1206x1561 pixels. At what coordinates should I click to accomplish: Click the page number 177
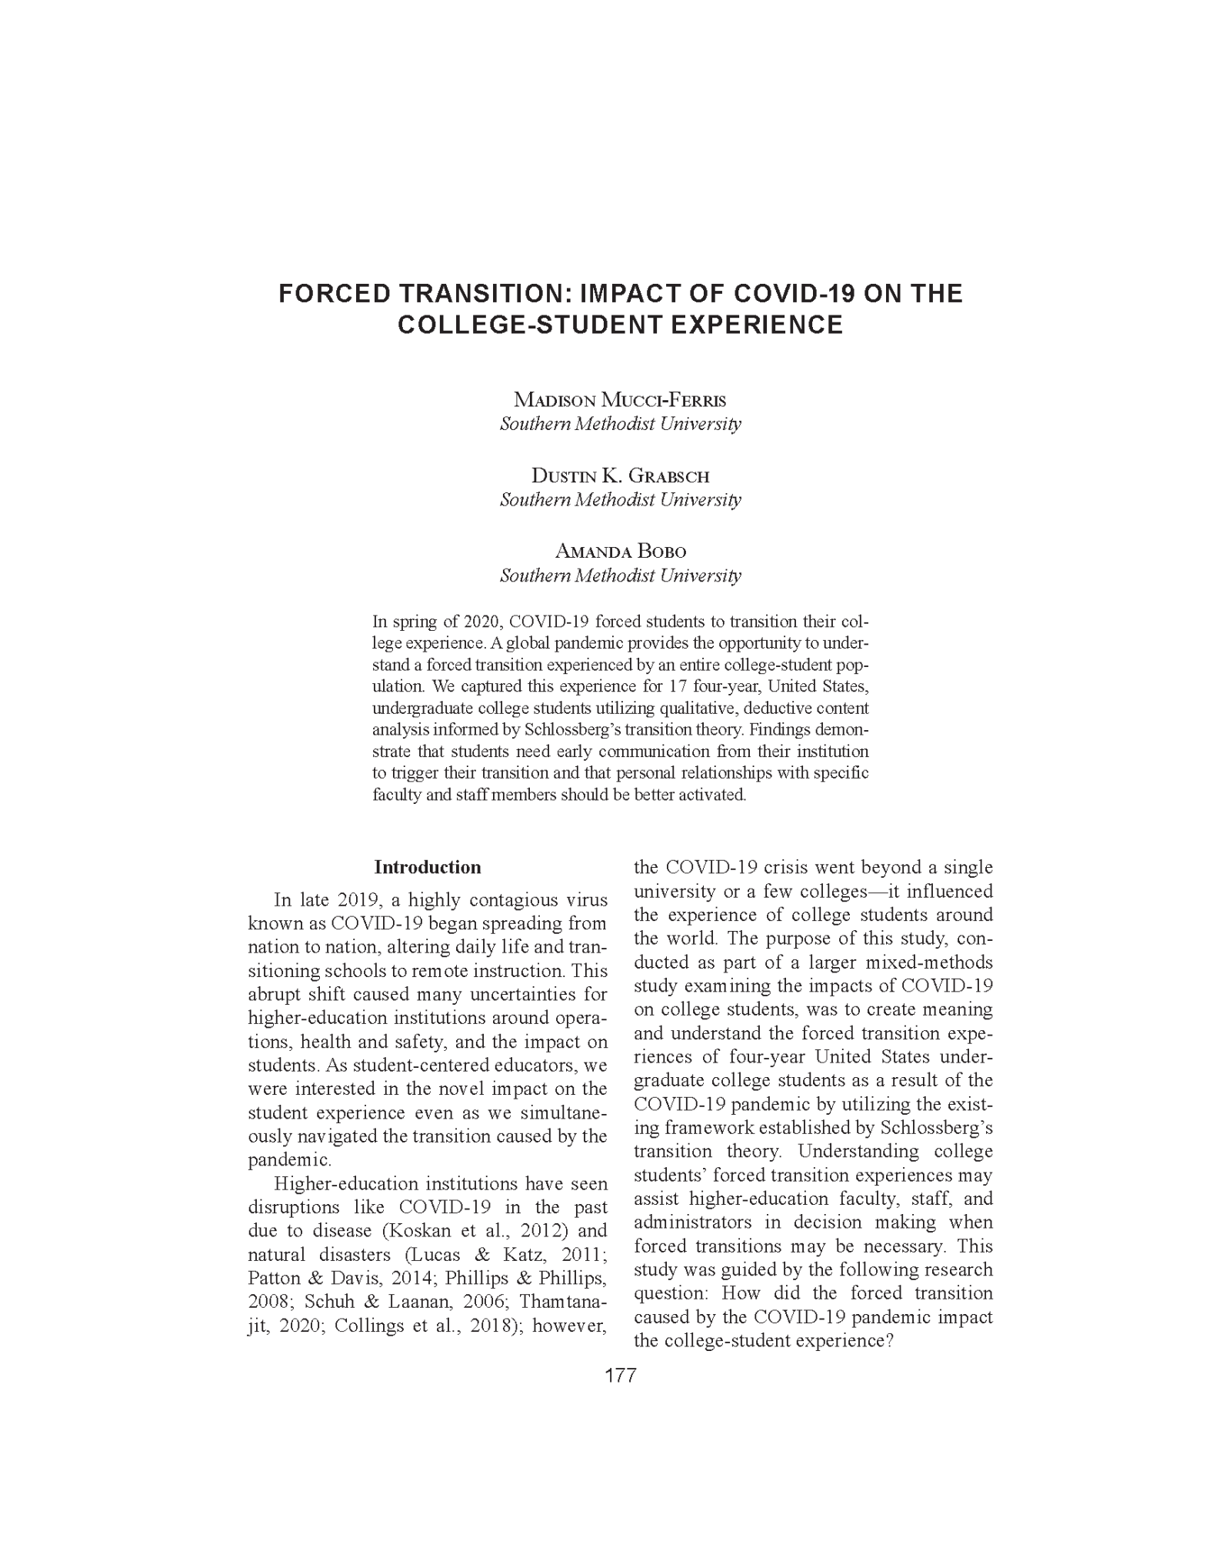click(x=620, y=1376)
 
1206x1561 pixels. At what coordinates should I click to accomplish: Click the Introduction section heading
click(x=427, y=867)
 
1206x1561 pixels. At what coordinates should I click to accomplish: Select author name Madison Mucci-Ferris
click(x=620, y=400)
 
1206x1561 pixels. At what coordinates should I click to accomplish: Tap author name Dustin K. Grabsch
click(x=620, y=475)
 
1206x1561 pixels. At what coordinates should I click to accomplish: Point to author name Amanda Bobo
click(x=620, y=552)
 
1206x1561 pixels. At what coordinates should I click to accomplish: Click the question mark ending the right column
click(x=889, y=1341)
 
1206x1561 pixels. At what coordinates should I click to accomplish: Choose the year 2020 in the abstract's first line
click(x=481, y=621)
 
